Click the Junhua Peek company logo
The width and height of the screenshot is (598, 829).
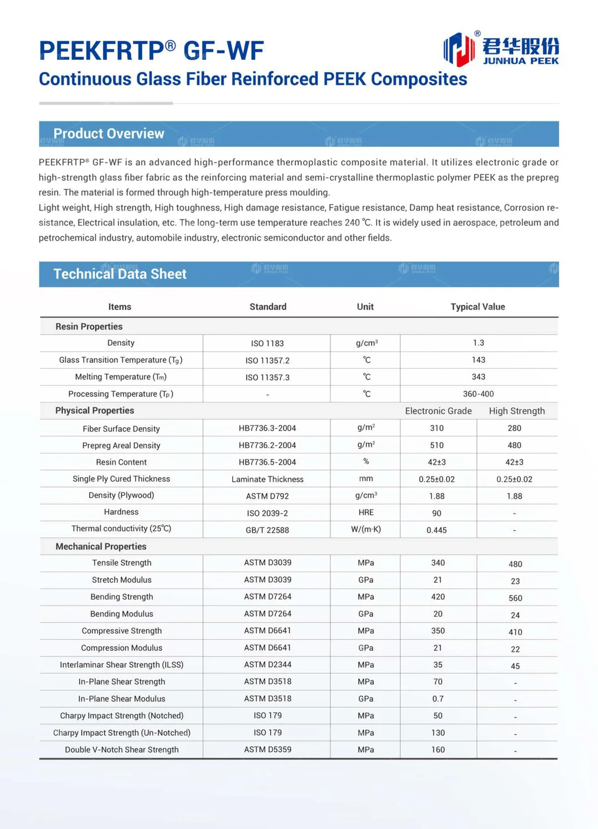click(x=501, y=49)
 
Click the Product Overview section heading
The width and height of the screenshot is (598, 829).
click(x=109, y=134)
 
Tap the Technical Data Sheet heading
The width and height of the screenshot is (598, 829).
click(x=120, y=274)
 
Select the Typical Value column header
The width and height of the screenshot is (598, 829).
click(x=477, y=306)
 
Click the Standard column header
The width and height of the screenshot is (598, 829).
click(x=267, y=306)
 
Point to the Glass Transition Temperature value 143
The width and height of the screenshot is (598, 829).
click(x=478, y=360)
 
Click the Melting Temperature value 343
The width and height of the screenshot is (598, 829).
click(x=478, y=377)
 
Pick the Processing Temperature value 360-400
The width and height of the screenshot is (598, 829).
click(x=478, y=393)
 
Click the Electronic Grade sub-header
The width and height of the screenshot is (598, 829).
click(x=438, y=411)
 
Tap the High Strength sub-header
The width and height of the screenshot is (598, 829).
click(x=517, y=411)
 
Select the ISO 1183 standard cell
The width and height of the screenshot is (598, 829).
click(x=267, y=344)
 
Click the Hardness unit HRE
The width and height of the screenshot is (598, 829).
click(x=365, y=513)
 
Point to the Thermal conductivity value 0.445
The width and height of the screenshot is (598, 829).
click(x=436, y=530)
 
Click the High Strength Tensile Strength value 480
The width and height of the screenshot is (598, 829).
click(x=515, y=564)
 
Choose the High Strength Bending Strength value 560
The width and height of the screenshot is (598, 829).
click(x=515, y=598)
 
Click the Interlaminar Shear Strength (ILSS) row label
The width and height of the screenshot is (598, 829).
click(x=121, y=664)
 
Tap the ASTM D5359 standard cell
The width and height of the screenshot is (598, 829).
click(x=267, y=749)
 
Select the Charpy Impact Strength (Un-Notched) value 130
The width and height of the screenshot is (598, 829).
click(x=438, y=733)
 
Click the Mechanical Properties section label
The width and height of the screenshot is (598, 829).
click(x=101, y=546)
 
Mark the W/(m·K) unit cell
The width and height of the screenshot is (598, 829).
click(x=365, y=529)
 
